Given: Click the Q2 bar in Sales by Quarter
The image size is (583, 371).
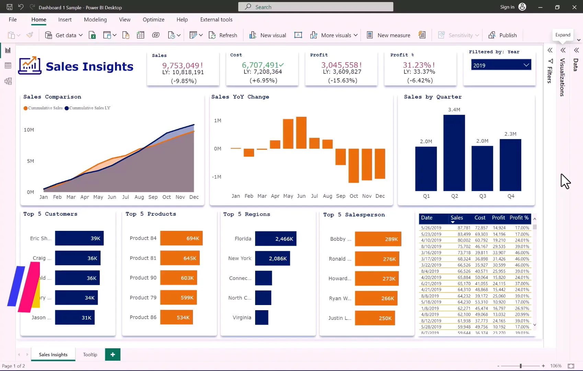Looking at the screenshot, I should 454,153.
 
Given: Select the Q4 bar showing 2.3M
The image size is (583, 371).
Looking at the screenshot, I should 510,165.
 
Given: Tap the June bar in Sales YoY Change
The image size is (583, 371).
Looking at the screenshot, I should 301,133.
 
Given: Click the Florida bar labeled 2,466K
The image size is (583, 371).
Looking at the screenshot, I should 275,239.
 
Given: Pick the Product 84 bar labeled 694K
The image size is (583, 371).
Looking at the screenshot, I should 181,238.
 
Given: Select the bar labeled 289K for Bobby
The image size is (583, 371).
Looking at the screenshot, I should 378,239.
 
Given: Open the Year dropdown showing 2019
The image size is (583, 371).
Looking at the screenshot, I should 501,65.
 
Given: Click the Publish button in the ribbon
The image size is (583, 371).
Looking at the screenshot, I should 503,35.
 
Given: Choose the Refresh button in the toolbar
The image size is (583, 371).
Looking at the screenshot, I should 223,35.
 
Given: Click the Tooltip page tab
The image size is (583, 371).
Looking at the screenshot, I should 90,355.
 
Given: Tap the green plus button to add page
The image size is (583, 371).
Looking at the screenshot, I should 113,355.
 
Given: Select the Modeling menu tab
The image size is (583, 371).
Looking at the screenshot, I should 95,20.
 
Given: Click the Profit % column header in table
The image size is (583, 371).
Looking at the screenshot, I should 519,218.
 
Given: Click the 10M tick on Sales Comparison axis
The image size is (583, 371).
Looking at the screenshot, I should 29,130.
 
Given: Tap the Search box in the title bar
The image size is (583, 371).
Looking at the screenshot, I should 316,7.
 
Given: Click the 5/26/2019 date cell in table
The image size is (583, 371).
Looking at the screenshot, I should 431,228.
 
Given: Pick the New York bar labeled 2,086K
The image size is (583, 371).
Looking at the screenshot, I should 272,258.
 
